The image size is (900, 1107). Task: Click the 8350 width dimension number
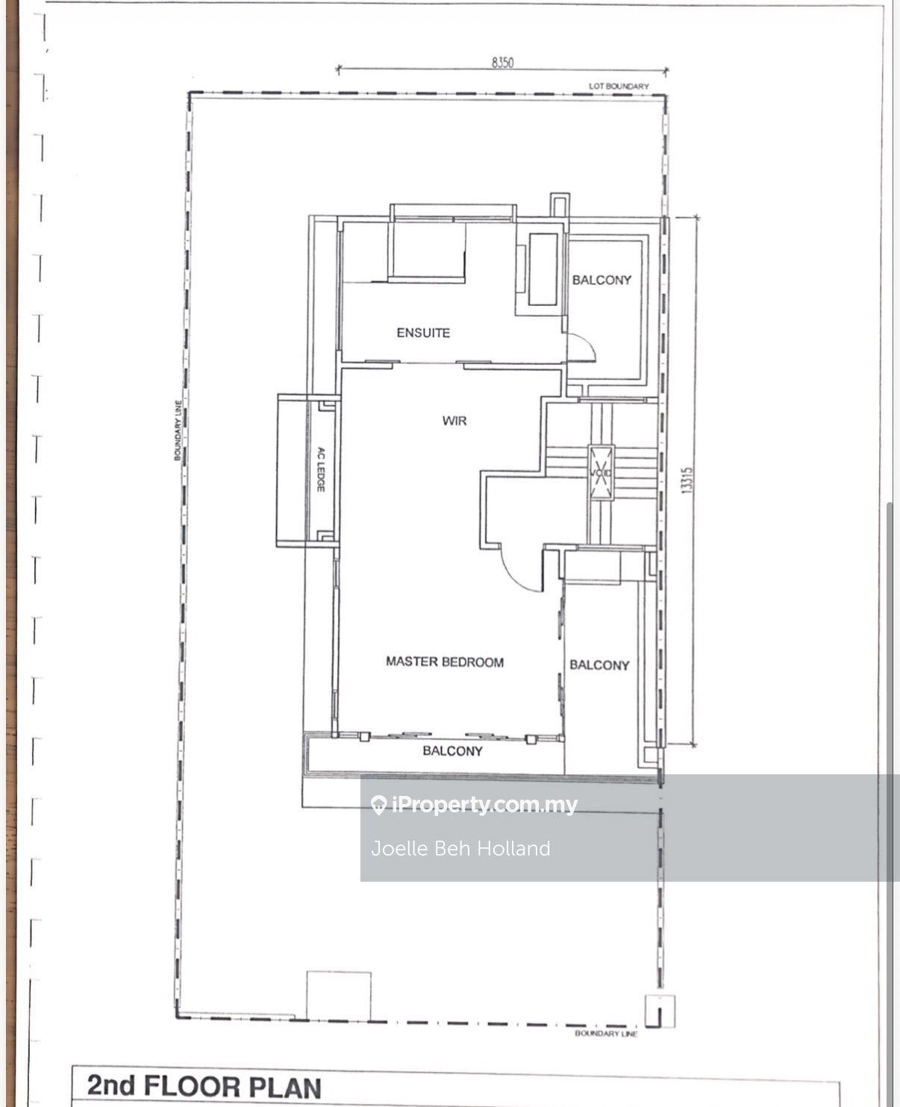(x=502, y=63)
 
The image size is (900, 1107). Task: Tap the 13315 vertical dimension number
(x=687, y=480)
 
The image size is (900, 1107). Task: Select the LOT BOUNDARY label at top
(x=619, y=87)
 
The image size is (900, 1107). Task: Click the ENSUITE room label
(x=423, y=333)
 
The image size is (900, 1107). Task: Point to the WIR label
(x=454, y=421)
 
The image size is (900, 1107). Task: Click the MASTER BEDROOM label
(x=444, y=662)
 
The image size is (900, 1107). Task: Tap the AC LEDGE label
(x=320, y=469)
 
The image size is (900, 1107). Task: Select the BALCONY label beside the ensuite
(x=601, y=280)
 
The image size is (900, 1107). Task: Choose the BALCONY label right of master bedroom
(x=599, y=665)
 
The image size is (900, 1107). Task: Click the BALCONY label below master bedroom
(x=452, y=751)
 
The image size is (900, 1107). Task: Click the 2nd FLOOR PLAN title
(x=204, y=1086)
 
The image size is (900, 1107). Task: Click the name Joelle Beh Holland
(x=460, y=848)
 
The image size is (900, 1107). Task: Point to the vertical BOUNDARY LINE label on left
(x=178, y=430)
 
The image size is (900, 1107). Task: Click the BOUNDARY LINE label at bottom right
(x=606, y=1034)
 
